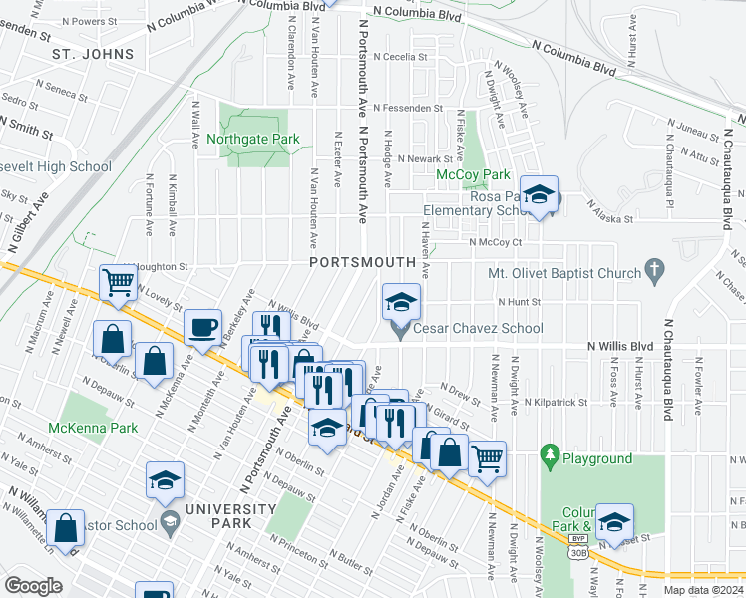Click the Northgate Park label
253,139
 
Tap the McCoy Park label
474,174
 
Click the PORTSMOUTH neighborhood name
362,262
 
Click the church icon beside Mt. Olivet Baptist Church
654,268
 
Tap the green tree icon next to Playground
549,456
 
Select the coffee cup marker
203,328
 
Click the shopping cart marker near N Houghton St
118,283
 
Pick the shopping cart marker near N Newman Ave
487,458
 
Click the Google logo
33,585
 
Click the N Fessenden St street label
409,107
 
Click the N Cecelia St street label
400,57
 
